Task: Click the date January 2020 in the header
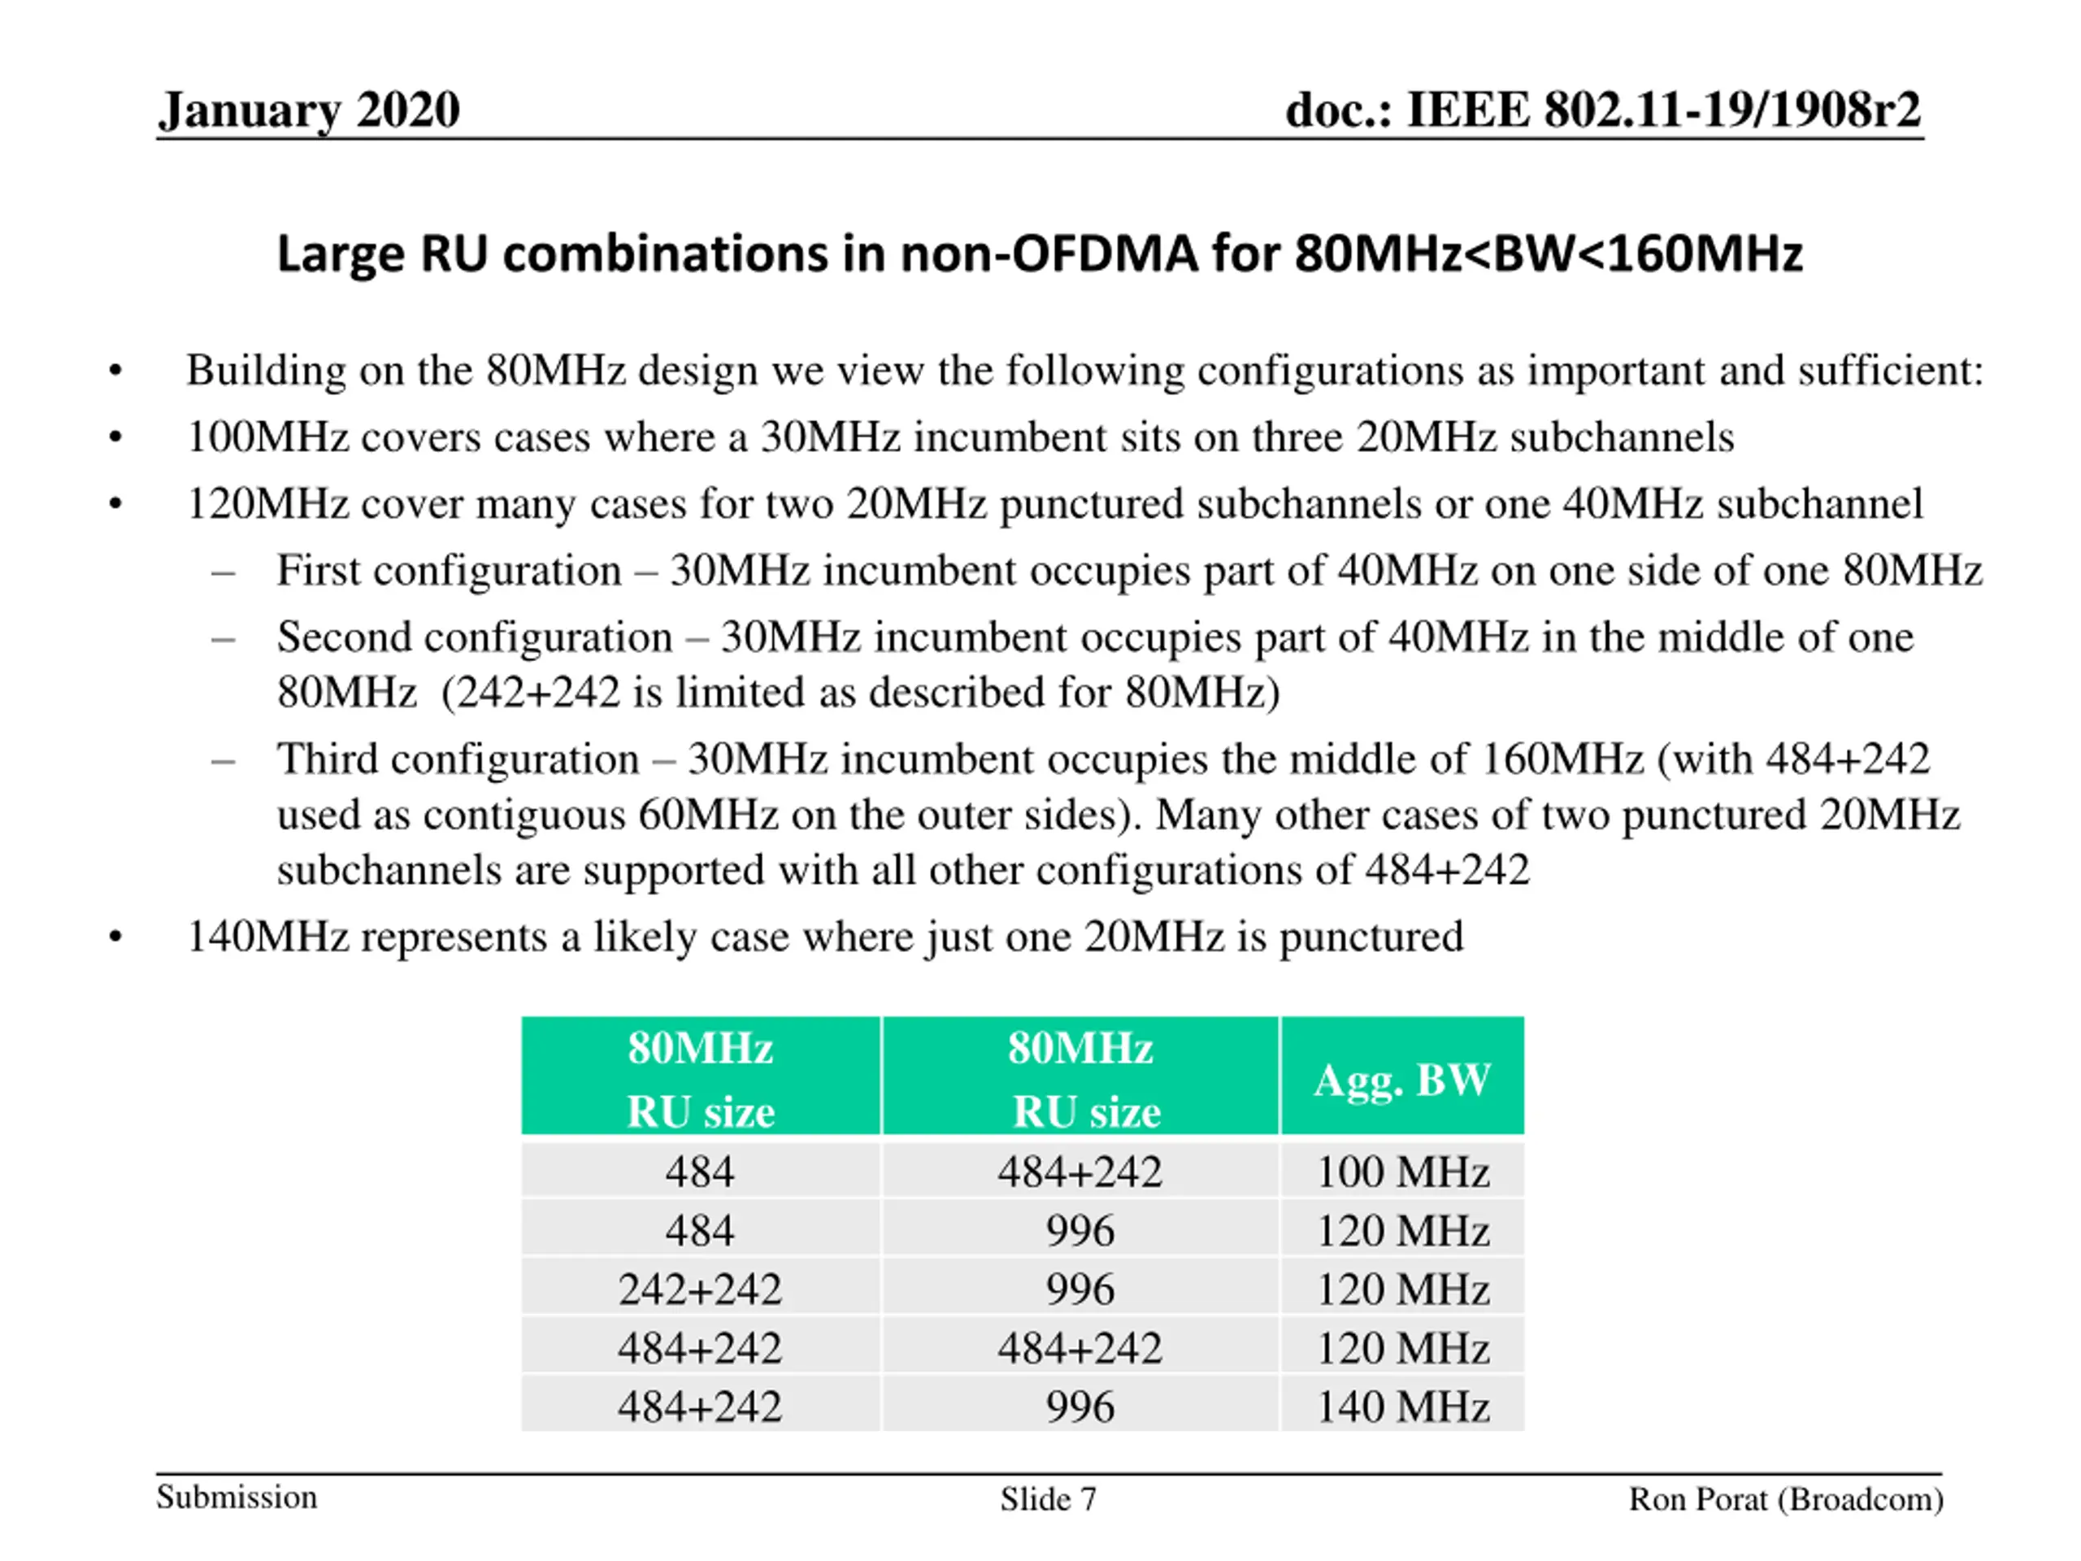pos(309,110)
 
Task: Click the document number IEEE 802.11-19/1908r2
pos(1602,110)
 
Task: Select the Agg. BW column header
pos(1401,1078)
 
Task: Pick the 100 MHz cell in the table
pos(1401,1172)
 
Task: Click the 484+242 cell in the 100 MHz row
pos(1080,1172)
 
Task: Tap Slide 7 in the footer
pos(1048,1499)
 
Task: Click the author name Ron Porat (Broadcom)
pos(1786,1499)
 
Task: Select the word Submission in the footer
pos(237,1497)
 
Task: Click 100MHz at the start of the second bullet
pos(268,437)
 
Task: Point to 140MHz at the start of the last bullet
pos(268,937)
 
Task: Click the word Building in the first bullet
pos(265,371)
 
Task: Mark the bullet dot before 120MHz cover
pos(115,504)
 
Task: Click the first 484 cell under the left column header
pos(700,1172)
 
